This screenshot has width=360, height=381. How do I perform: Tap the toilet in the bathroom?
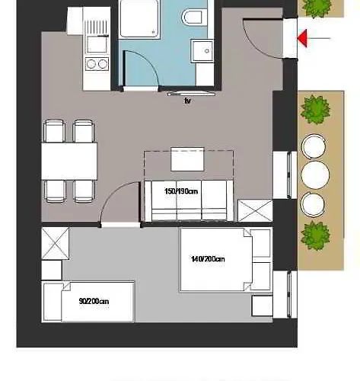pyautogui.click(x=193, y=16)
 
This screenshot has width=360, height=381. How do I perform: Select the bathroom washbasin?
pyautogui.click(x=203, y=50)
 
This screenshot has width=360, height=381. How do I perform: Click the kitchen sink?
pyautogui.click(x=97, y=31)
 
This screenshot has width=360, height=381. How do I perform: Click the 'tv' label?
pyautogui.click(x=187, y=100)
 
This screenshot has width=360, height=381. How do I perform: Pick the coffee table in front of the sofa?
pyautogui.click(x=187, y=161)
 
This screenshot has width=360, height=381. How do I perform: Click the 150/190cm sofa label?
pyautogui.click(x=181, y=192)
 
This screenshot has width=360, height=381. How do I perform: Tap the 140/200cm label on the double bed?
pyautogui.click(x=208, y=259)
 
